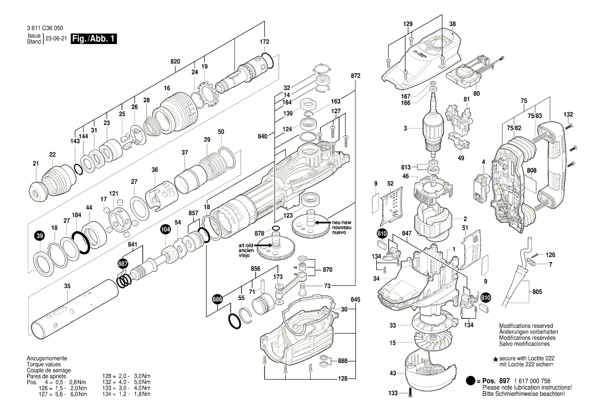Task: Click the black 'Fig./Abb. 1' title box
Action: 94,39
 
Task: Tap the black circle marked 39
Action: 39,235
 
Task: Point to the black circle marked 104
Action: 165,229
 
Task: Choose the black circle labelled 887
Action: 123,264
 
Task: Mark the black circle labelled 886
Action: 217,300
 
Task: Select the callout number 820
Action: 175,61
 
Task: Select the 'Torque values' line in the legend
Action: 43,364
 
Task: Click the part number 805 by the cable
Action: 537,292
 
